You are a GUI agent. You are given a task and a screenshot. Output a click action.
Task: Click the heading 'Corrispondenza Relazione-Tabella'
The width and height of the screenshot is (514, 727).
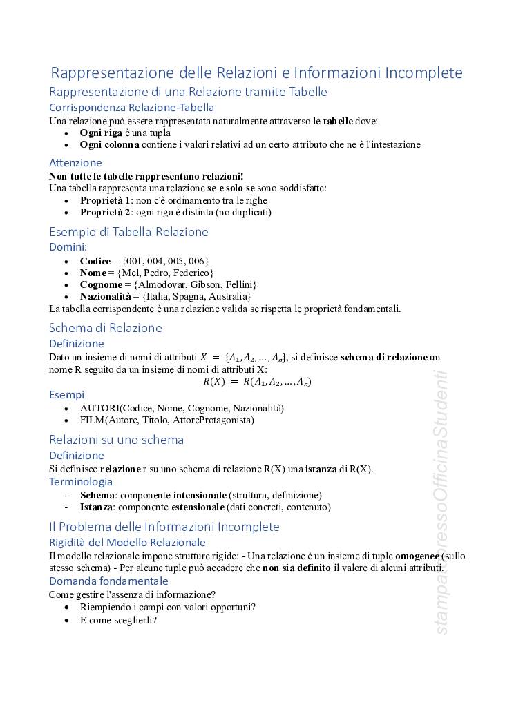[x=131, y=108]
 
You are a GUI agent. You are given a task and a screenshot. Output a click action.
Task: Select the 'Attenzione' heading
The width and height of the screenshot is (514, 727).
[x=75, y=163]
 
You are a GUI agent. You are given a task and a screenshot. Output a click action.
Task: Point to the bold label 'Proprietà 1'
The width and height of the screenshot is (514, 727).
[x=105, y=200]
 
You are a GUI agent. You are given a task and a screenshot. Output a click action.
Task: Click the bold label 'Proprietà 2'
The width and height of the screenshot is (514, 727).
[x=105, y=212]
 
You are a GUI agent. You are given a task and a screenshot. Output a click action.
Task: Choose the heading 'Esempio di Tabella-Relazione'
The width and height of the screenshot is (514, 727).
[x=128, y=232]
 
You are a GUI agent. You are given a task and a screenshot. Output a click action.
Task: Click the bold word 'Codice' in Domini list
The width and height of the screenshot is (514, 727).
[x=95, y=261]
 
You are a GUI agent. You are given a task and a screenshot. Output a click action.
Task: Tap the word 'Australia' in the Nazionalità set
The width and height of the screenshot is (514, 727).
[x=227, y=296]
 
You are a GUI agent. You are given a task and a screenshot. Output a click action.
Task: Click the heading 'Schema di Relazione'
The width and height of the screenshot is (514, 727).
[x=106, y=328]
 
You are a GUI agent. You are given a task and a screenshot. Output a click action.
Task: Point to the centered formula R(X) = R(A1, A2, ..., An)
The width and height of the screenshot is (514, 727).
[x=257, y=381]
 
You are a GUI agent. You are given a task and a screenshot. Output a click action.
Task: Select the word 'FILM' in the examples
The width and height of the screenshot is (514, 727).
[x=93, y=420]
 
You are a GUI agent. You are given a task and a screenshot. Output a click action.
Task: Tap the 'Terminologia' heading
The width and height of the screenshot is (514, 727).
[x=81, y=482]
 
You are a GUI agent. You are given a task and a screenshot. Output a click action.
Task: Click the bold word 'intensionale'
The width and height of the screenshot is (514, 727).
[x=199, y=495]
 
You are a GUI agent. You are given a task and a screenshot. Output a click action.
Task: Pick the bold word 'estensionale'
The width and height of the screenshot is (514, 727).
[x=196, y=507]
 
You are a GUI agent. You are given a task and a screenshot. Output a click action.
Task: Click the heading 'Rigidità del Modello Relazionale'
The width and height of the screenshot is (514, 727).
[x=127, y=543]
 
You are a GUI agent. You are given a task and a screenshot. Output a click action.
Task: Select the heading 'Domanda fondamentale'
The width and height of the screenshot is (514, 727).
[x=108, y=581]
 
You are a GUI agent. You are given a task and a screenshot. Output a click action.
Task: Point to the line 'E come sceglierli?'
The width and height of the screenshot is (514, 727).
[x=118, y=620]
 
